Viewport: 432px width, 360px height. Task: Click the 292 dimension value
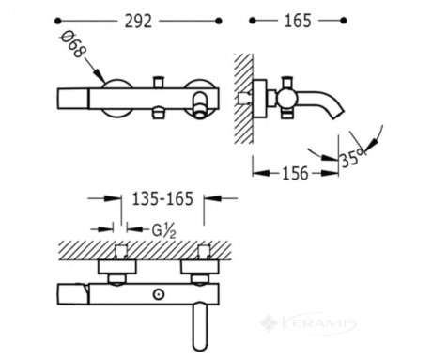(x=138, y=22)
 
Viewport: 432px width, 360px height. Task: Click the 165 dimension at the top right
(x=298, y=21)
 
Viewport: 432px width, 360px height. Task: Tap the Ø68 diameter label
(x=73, y=44)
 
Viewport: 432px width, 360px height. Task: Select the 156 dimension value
(x=295, y=173)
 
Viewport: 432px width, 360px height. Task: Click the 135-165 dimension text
(x=162, y=198)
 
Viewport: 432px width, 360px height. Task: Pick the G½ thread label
(x=163, y=231)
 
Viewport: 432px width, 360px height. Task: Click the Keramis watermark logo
(x=308, y=322)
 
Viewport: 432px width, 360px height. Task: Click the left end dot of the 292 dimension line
(x=57, y=21)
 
